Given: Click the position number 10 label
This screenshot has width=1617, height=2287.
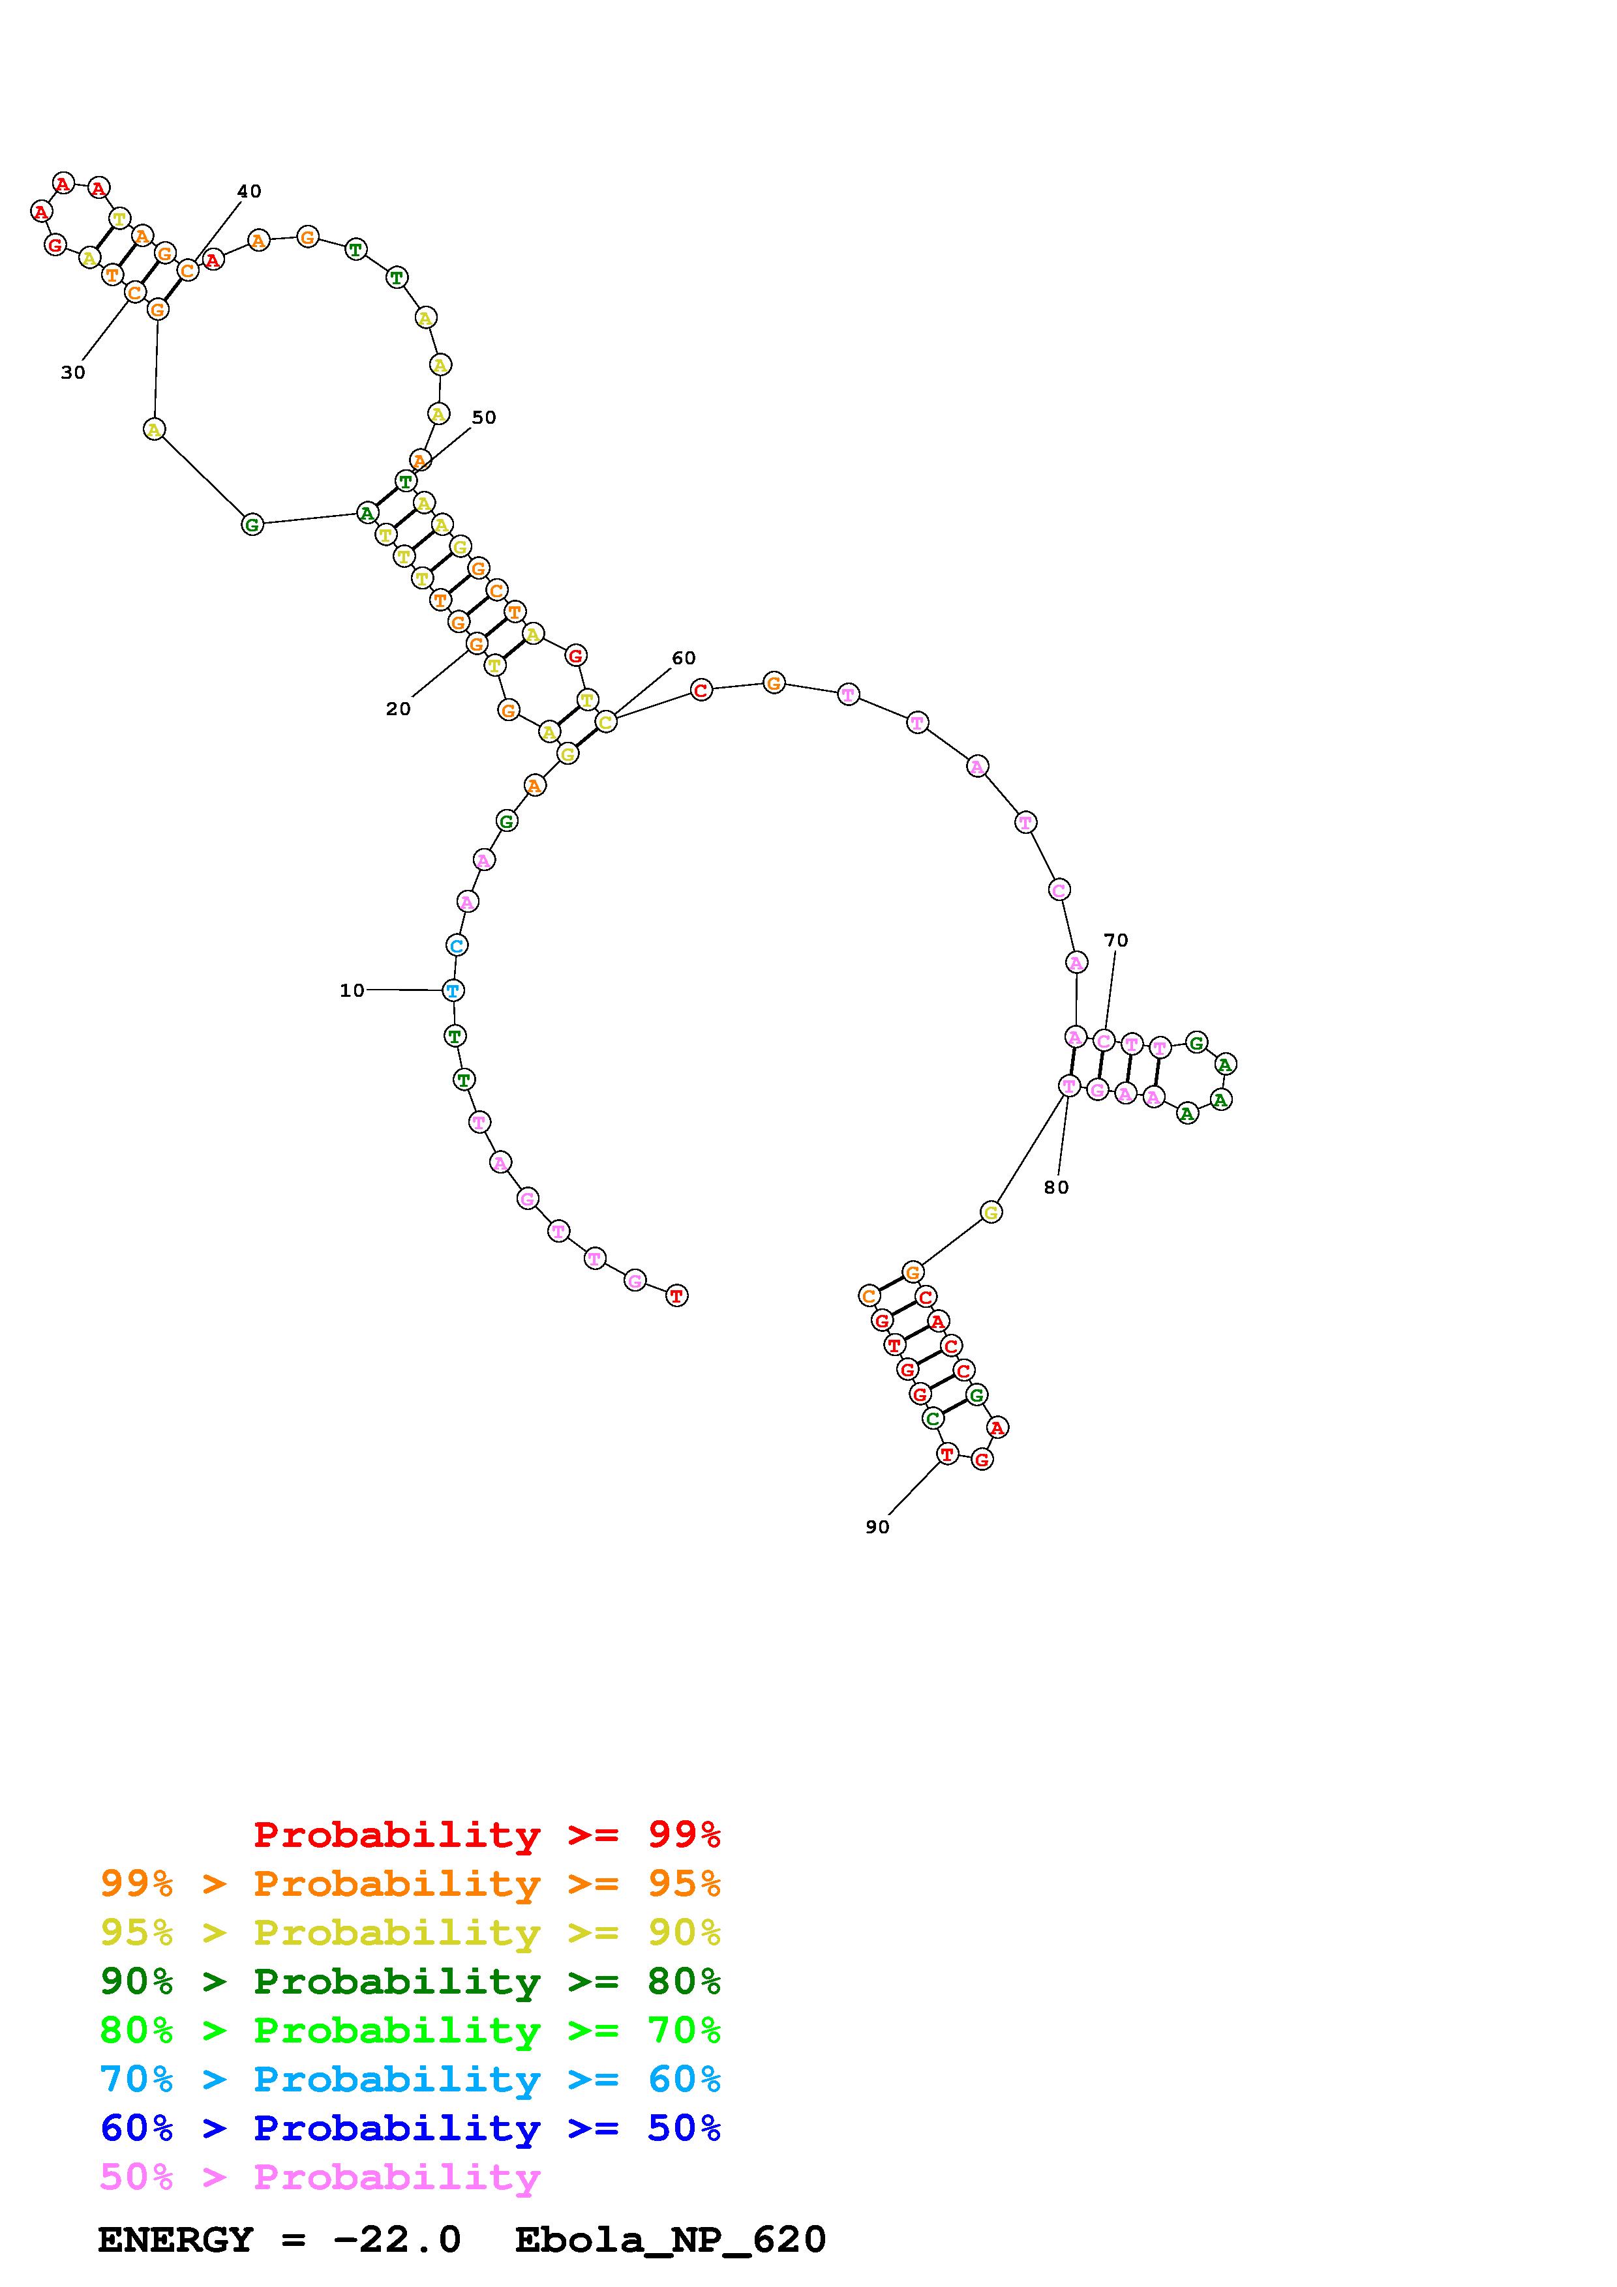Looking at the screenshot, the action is [352, 990].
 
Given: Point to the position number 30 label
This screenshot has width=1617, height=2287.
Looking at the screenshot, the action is [73, 372].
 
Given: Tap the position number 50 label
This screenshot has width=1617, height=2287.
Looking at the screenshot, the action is [483, 417].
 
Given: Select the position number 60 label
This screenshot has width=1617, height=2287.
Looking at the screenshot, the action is [684, 658].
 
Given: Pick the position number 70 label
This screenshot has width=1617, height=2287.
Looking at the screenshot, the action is [1116, 940].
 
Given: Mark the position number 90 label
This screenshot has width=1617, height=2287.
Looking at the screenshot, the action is [877, 1527].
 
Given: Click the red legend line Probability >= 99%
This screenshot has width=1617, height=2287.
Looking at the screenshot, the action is [487, 1834].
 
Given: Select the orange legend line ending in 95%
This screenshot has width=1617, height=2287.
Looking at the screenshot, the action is [410, 1883].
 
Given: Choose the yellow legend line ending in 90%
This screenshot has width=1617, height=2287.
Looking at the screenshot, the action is [410, 1932].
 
